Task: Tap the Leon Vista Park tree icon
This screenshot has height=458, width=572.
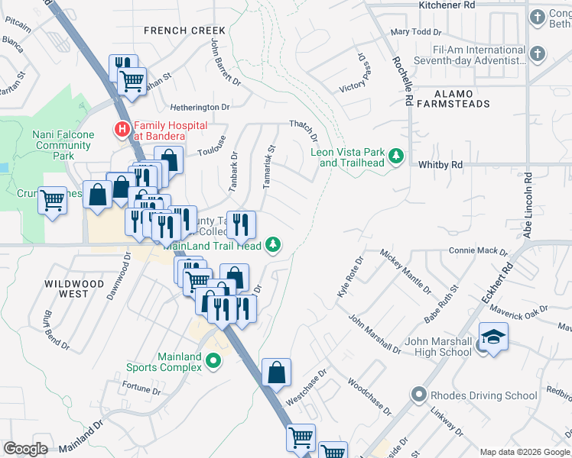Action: coord(395,156)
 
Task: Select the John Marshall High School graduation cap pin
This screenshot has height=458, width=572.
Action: coord(493,337)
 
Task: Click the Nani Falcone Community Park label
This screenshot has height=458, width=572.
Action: coord(63,145)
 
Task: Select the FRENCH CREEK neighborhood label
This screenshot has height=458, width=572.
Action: coord(175,30)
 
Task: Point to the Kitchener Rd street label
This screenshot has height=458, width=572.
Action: coord(447,5)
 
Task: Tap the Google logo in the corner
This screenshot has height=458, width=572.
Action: coord(25,449)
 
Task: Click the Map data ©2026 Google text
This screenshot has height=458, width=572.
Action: coord(525,452)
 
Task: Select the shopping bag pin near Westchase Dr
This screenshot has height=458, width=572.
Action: coord(277,373)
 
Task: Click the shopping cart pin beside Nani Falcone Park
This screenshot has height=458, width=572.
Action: coord(52,202)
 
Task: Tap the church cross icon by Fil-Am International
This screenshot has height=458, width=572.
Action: coord(538,53)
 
